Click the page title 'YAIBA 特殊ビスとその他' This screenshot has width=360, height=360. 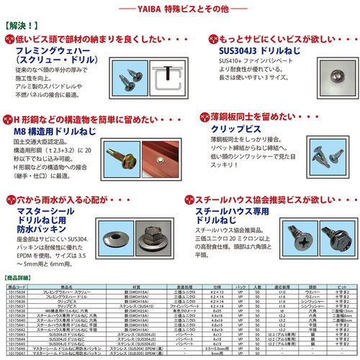(x=179, y=8)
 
